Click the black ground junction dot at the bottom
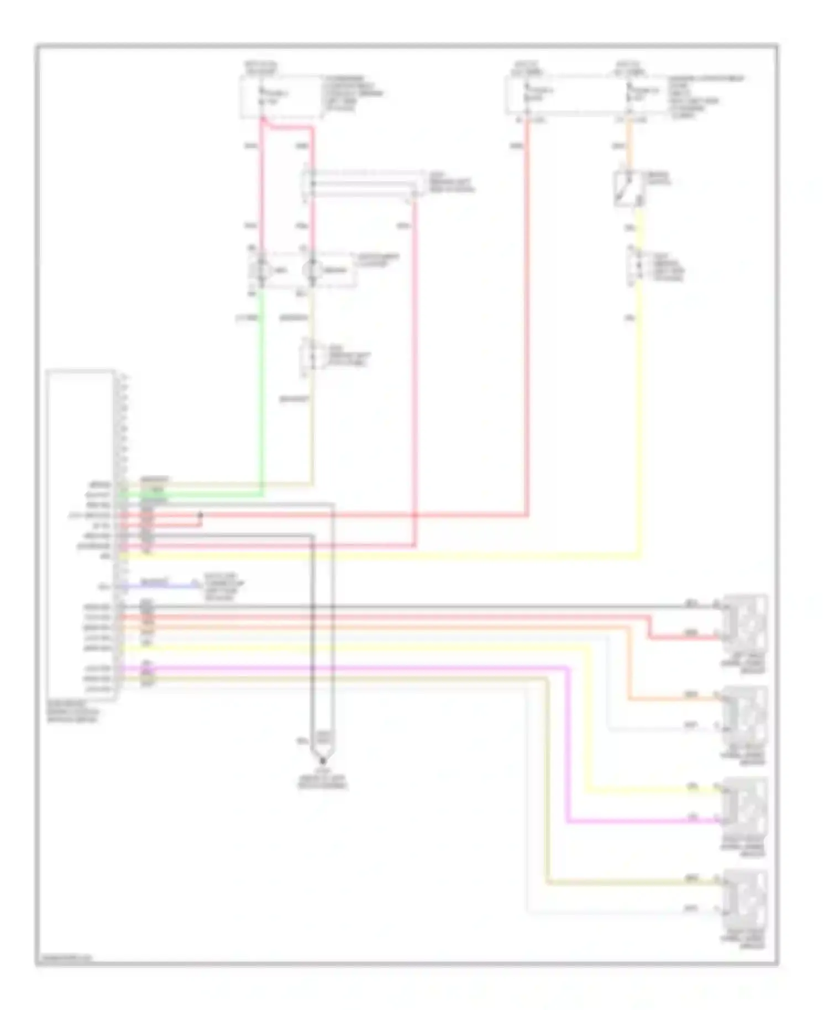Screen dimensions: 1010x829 (x=323, y=761)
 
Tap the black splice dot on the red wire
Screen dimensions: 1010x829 (x=201, y=515)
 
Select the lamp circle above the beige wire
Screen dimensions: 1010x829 (x=313, y=270)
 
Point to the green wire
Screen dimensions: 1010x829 (x=261, y=387)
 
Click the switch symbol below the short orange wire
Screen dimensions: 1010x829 (x=628, y=190)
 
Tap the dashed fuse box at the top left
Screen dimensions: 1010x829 (x=281, y=97)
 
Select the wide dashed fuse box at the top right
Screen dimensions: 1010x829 (x=586, y=96)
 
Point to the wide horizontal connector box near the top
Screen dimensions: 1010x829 (x=362, y=183)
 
